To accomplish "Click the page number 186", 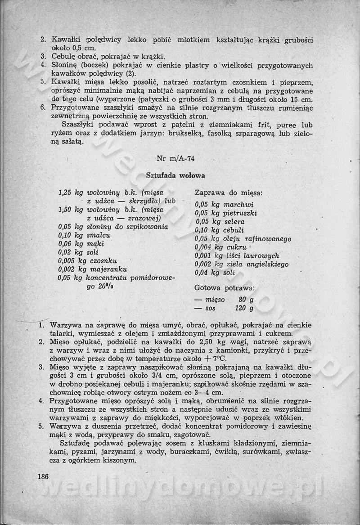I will tap(43, 476).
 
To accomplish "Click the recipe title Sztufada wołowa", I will tap(175, 175).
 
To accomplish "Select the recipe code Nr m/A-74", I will tap(175, 158).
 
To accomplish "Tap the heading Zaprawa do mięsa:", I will tap(229, 193).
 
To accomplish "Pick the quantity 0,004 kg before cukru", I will tap(207, 247).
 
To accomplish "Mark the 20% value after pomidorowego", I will tap(107, 287).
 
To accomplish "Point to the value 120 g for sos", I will tap(244, 308).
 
